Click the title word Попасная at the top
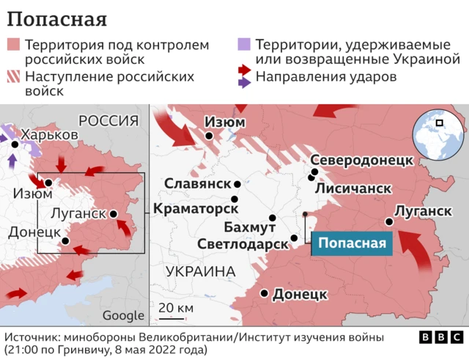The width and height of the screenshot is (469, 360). pos(56,18)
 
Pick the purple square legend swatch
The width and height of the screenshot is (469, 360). pos(244,45)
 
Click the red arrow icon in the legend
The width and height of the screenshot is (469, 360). pos(245,70)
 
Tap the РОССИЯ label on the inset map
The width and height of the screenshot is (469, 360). pos(108,121)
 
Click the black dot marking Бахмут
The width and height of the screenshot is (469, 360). pos(273,218)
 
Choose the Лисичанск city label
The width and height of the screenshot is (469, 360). pos(352,188)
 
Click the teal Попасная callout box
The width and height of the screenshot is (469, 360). pos(352,243)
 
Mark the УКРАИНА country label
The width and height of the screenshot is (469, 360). pos(200,271)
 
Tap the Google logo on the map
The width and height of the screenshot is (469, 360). pos(122,315)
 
